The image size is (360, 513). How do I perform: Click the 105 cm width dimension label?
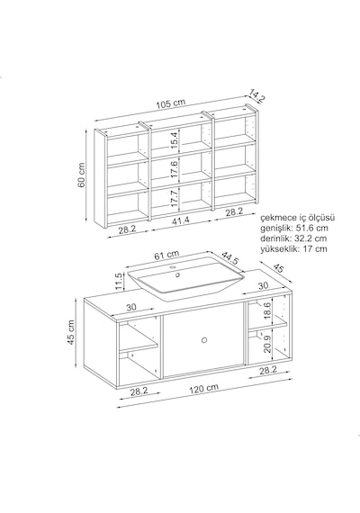170,103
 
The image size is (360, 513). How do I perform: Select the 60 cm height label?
81,175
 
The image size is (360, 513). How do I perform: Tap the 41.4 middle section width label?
180,220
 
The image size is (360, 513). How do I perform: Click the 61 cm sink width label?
166,255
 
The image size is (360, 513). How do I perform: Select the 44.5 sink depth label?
230,258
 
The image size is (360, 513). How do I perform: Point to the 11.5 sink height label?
120,281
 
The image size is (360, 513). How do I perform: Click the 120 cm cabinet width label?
203,388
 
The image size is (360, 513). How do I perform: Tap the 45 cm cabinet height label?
71,332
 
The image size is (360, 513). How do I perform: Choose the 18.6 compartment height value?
267,311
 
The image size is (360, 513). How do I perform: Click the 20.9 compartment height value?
267,344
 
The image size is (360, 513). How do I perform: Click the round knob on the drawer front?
204,340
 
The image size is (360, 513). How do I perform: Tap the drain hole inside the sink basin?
178,274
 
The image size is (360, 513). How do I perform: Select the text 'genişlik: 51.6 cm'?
294,228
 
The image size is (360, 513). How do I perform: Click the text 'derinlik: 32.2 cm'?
293,238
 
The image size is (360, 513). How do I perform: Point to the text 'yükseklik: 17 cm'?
293,249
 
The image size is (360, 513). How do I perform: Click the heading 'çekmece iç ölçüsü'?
298,218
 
